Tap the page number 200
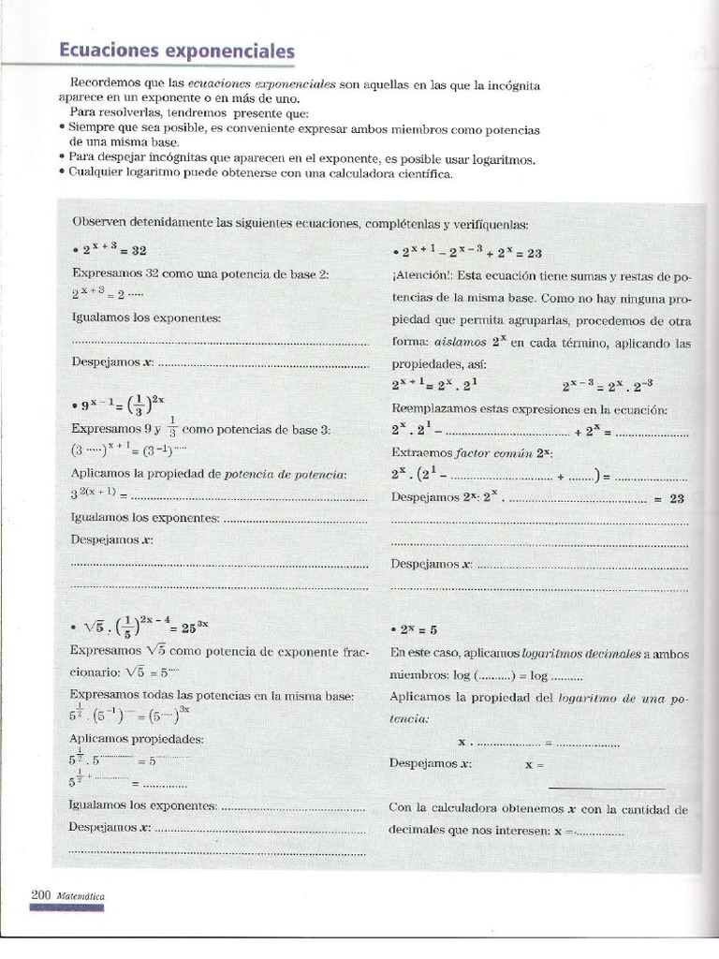point(39,896)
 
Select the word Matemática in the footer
point(81,897)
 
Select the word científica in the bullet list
point(418,173)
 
